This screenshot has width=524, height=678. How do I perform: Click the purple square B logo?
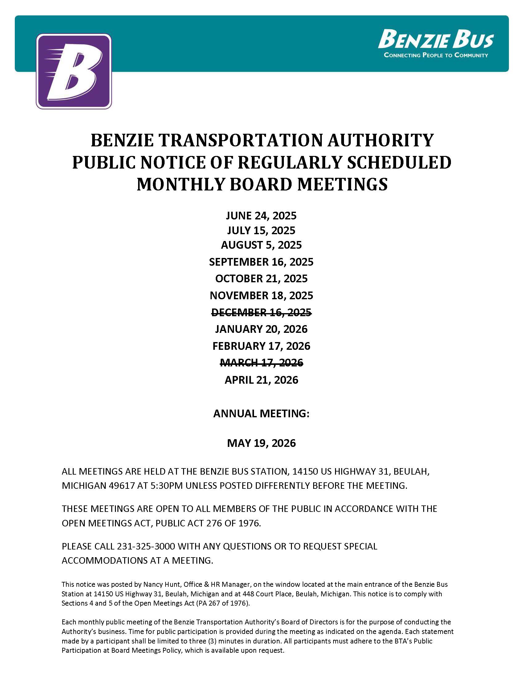pos(74,71)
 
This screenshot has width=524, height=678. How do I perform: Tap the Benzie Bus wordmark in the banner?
pos(436,39)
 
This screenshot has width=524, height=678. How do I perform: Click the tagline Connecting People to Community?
pos(436,55)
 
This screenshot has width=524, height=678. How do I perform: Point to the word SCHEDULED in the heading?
pos(399,162)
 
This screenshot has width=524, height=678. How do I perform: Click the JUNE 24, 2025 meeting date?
pos(261,215)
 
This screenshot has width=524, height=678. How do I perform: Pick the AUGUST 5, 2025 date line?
pos(261,245)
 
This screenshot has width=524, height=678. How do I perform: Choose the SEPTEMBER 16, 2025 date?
pos(261,262)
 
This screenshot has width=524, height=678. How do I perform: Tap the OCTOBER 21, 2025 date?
pos(261,279)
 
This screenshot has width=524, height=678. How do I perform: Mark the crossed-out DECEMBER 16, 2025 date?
pos(261,312)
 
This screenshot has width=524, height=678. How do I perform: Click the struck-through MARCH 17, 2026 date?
pos(261,362)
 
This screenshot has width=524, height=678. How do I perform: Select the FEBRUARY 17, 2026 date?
pos(261,346)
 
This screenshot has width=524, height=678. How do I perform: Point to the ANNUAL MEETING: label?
pos(261,414)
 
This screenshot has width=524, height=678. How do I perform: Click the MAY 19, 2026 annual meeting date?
pos(261,443)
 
